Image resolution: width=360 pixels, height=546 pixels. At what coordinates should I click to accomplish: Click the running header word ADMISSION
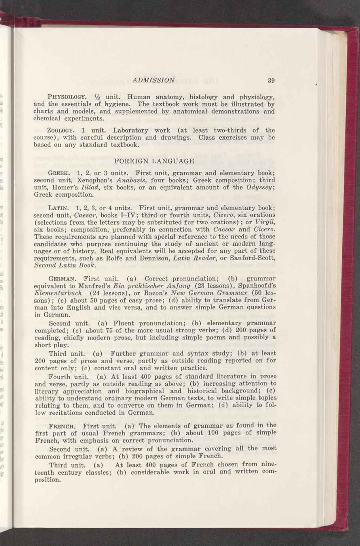pos(154,80)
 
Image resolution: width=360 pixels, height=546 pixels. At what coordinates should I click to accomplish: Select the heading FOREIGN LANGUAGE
pos(154,161)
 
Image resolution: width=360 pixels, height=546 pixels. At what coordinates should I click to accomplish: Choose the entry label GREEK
pos(59,173)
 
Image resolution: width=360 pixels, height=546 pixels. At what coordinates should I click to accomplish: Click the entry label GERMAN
pos(62,279)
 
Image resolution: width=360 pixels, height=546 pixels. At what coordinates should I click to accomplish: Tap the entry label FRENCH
pos(63,426)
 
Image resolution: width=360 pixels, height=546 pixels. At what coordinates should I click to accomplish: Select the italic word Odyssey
pos(259,188)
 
